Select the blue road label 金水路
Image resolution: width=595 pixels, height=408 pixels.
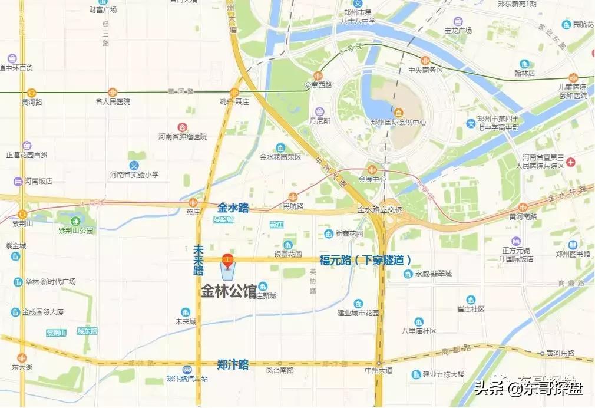pos(233,208)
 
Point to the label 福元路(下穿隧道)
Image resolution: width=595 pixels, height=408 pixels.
pos(365,259)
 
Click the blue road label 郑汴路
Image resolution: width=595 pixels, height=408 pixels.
pos(233,364)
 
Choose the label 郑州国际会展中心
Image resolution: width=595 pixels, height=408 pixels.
pos(398,123)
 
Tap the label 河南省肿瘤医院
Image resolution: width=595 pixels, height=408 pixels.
pos(183,137)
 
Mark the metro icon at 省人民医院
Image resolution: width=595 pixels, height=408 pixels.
pos(113,92)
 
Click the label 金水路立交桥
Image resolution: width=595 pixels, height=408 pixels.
pos(380,210)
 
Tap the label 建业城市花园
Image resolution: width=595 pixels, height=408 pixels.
pos(358,312)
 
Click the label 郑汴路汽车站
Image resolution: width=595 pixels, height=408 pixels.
pos(187,379)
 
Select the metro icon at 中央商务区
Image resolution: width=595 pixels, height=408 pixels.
pos(425,60)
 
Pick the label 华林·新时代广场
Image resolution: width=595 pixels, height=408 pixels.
pos(50,282)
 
